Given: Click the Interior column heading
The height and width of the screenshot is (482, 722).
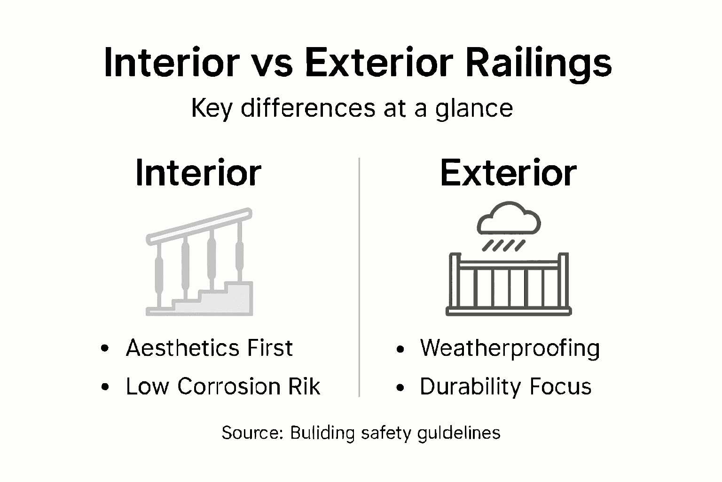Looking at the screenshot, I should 198,173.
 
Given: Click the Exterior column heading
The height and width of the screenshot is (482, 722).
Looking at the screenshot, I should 508,173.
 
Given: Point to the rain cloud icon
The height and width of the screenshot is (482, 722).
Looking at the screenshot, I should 509,219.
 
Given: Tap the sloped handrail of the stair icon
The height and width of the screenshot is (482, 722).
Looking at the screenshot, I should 199,226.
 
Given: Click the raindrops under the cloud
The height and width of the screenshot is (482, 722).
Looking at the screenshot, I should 503,246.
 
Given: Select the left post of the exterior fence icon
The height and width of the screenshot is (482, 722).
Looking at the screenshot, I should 454,282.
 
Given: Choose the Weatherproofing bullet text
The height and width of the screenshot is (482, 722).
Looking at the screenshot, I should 510,349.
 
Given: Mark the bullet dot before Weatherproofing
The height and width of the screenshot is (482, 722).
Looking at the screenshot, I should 400,349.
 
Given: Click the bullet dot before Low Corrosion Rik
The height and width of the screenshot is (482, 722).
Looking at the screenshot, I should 105,387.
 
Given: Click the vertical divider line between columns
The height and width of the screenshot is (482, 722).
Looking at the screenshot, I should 360,278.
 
